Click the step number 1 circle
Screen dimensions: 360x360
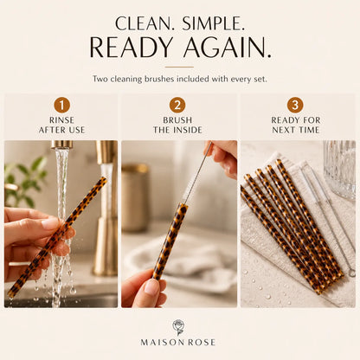[61, 105]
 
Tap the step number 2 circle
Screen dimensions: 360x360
[177, 105]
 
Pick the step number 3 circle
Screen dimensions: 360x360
[295, 105]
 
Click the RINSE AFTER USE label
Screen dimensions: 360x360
[61, 125]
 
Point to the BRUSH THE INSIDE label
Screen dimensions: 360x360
[177, 125]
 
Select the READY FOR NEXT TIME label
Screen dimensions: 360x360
[296, 125]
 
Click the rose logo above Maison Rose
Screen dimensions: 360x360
[178, 327]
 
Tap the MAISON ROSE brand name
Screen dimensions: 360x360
[178, 343]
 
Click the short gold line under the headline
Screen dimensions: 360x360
[179, 67]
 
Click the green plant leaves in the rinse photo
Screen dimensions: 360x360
[26, 180]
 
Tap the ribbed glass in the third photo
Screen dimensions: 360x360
[339, 170]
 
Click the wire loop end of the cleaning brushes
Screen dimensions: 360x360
[351, 273]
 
